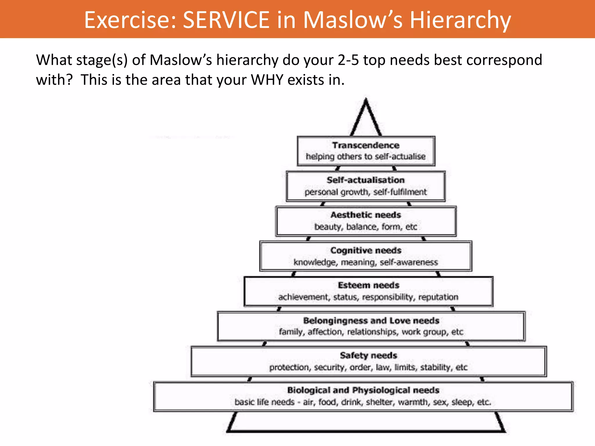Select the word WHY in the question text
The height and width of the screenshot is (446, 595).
[x=267, y=80]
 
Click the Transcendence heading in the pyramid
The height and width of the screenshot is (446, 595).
[x=366, y=145]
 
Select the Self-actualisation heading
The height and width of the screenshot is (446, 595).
[x=365, y=180]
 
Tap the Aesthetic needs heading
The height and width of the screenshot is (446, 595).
[x=365, y=215]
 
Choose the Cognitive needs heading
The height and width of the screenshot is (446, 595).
[x=366, y=250]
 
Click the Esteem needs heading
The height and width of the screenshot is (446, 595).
[x=368, y=285]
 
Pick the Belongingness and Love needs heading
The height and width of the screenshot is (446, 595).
[x=371, y=321]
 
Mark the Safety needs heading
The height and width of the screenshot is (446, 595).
[x=368, y=355]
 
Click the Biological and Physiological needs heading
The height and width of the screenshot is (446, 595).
[x=363, y=390]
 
